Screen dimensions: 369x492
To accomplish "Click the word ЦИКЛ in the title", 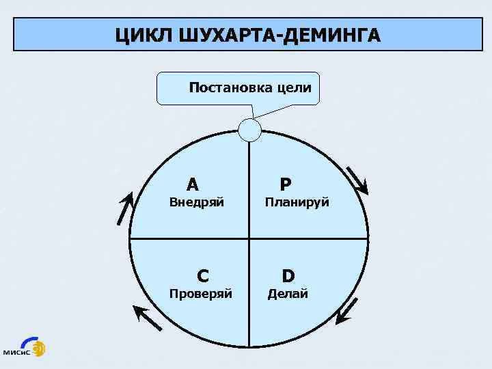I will coord(146,34).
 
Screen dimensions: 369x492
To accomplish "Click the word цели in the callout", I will coord(295,87).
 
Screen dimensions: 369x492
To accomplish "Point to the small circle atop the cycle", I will coord(250,128).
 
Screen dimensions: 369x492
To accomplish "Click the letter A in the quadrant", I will coord(193,184).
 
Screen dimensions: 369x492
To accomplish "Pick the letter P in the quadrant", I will coord(286,184).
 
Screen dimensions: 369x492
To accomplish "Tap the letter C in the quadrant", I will coord(203,275).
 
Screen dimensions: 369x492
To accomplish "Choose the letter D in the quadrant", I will coord(288,275).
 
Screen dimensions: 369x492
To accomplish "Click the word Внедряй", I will coord(197,202).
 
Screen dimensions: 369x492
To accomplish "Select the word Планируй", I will coord(297,202).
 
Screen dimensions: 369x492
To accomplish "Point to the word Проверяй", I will coord(201,294).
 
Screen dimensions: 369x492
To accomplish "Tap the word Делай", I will coord(288,294).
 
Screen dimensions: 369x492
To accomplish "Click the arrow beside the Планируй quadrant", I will coord(357,180).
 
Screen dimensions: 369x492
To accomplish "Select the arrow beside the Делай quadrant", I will coord(347,309).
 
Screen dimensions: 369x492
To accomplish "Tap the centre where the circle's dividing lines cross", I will coord(249,238).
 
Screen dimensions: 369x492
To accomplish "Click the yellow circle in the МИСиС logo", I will coord(39,346).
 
